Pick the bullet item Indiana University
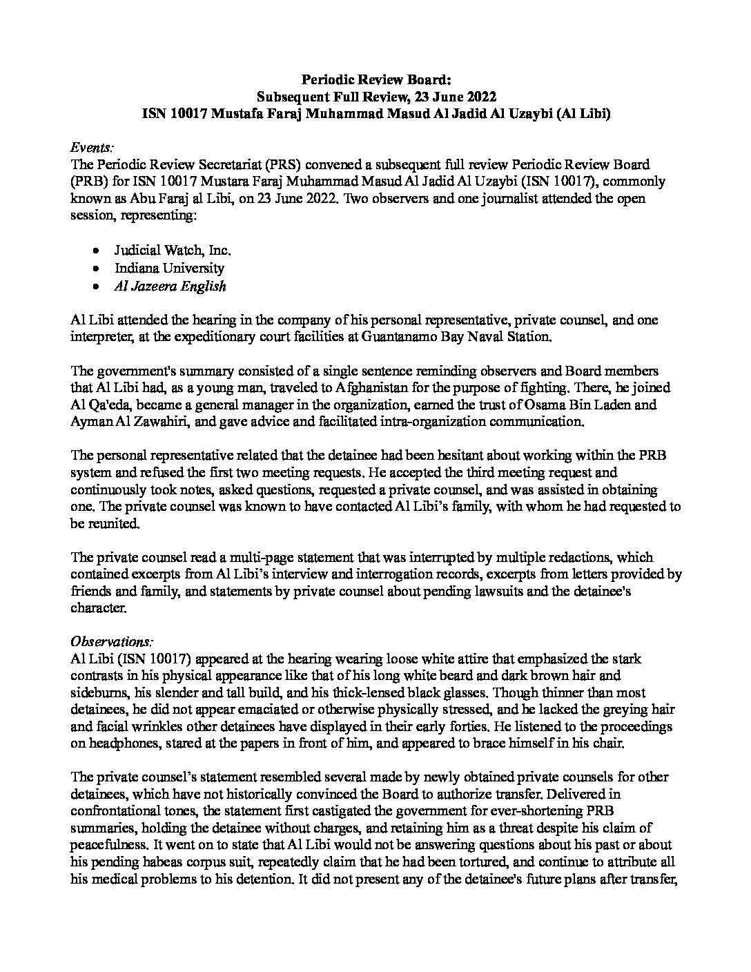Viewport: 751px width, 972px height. (169, 267)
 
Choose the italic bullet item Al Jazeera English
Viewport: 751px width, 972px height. (170, 285)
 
